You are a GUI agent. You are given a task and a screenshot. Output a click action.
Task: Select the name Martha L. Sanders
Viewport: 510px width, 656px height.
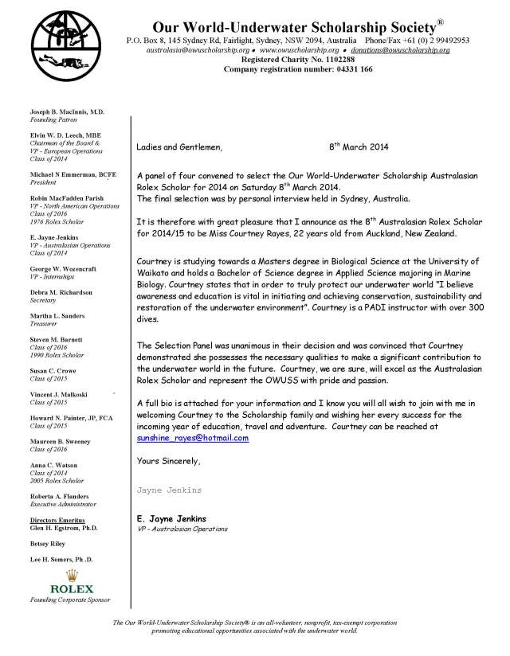click(x=57, y=315)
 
